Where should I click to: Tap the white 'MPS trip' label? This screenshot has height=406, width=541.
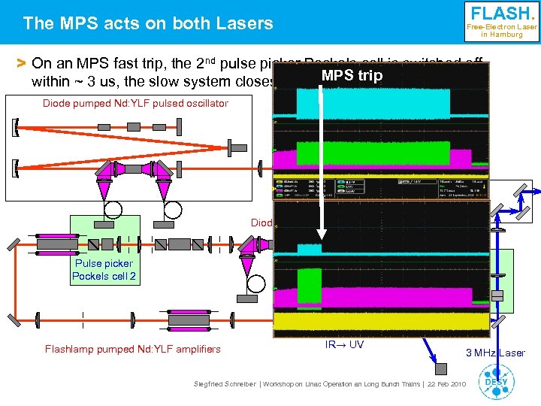pos(352,76)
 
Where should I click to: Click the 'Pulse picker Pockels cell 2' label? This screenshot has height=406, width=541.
pos(104,269)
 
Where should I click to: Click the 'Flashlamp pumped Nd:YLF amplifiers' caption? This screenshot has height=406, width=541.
pos(133,348)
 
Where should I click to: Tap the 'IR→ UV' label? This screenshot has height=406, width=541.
pos(344,344)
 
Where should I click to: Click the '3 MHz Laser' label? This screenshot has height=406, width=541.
pos(496,353)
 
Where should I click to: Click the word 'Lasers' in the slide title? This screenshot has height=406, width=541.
pos(247,23)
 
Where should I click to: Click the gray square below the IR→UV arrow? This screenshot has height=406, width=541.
pos(442,368)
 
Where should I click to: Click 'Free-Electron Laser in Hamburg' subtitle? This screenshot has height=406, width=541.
pos(502,30)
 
